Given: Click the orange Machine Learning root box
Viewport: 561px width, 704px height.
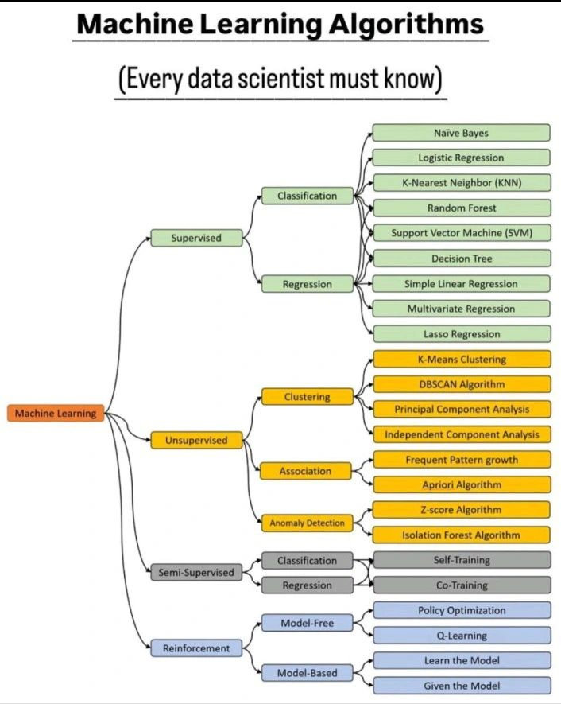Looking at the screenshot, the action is click(56, 414).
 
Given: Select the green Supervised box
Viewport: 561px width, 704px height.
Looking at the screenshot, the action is click(196, 238).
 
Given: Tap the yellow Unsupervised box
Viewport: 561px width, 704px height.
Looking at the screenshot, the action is click(196, 440).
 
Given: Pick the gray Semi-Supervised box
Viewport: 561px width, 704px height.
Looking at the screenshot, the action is click(196, 572).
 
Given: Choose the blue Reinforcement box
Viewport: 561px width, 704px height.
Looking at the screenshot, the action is click(196, 648).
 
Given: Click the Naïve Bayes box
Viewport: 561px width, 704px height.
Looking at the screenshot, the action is click(461, 133).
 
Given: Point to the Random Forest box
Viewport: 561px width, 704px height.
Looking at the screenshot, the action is click(461, 208).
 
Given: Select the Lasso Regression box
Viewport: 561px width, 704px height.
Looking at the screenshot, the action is click(461, 334).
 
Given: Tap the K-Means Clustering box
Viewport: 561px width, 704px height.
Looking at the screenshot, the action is click(461, 359).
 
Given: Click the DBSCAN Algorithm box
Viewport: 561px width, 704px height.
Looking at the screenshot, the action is click(461, 384).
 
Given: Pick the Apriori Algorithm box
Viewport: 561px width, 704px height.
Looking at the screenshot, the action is click(461, 484).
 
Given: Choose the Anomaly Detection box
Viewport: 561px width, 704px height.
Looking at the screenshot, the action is click(307, 523).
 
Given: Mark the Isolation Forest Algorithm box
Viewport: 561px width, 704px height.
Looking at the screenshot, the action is click(461, 535).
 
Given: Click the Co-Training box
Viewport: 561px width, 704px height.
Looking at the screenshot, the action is click(461, 585).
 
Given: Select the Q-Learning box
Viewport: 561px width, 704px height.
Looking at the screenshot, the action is click(461, 636).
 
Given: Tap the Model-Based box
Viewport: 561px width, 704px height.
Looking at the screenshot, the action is click(307, 673).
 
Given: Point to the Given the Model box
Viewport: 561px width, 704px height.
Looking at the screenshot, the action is click(461, 686).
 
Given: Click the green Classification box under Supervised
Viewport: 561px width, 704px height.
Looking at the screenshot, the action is click(307, 196).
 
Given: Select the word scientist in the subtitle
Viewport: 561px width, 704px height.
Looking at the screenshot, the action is click(301, 80).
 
